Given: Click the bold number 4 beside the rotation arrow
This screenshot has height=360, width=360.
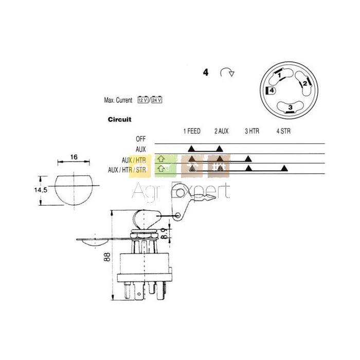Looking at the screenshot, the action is coord(206,73).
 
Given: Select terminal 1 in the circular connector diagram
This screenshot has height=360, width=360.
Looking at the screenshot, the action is coord(279,75).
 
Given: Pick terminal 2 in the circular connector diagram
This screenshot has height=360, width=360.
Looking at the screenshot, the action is coord(305,83).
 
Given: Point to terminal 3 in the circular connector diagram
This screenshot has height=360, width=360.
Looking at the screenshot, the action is coord(291,107).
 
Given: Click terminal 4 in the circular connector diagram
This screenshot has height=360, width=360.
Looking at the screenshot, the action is coord(272,91).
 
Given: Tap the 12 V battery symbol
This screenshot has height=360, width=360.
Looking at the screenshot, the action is coord(143,100).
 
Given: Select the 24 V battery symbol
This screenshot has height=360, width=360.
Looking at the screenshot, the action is coord(156,100).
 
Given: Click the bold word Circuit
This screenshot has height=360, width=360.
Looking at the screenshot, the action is coord(120,119).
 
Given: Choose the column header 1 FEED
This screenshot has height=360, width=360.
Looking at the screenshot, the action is coord(192,131).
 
